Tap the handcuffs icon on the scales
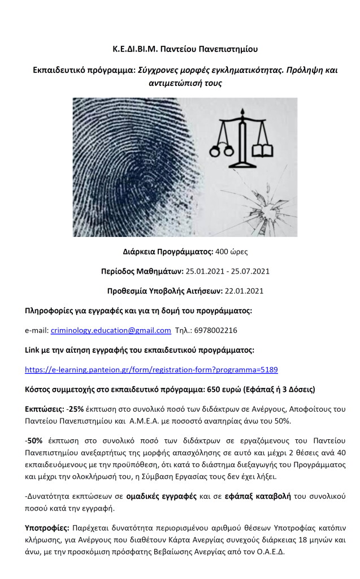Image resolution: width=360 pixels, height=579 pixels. coord(222,150)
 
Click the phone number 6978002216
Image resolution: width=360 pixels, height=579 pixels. coord(218,330)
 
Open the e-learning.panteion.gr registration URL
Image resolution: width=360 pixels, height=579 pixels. coord(151,370)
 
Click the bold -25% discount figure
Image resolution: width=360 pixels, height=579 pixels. coord(76,409)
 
